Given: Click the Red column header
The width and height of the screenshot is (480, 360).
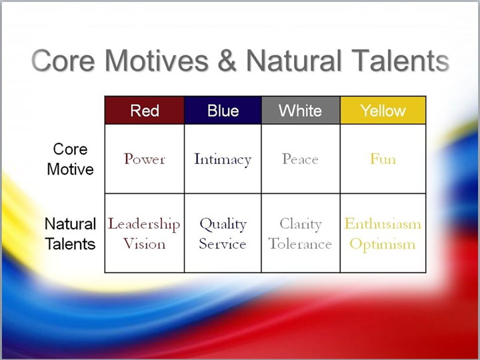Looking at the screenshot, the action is click(x=145, y=110).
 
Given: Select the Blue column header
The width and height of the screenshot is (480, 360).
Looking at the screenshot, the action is click(x=223, y=110).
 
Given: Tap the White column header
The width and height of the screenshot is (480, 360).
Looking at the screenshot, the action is click(x=301, y=110).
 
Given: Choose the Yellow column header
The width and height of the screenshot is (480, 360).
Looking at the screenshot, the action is click(x=383, y=110).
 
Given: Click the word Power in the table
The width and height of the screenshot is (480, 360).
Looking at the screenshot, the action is click(x=145, y=159).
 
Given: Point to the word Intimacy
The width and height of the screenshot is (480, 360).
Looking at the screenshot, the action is click(x=223, y=159).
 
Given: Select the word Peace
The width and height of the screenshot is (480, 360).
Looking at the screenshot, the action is click(x=300, y=159).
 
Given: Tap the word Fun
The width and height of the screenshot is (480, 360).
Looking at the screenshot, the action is click(x=383, y=159).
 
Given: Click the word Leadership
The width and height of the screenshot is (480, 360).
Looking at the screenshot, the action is click(x=144, y=225).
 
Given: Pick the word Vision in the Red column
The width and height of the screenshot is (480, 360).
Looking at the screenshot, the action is click(x=145, y=244).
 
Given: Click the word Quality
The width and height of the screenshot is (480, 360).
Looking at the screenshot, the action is click(x=223, y=225).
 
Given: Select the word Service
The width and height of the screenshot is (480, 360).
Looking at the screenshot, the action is click(x=223, y=244).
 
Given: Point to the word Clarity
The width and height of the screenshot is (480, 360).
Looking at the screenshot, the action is click(x=301, y=225).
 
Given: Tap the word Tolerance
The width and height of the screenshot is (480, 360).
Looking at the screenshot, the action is click(x=300, y=244).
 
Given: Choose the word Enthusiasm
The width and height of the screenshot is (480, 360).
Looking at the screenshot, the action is click(x=383, y=224).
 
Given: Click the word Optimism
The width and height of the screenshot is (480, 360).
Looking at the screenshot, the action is click(x=383, y=245).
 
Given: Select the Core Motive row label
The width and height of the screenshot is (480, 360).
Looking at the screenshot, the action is click(x=71, y=159).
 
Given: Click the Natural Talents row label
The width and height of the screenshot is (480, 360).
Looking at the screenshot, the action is click(x=71, y=234).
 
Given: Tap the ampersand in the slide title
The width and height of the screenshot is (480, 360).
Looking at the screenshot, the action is click(x=227, y=60).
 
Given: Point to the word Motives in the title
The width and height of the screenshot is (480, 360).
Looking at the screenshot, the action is click(x=157, y=60).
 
